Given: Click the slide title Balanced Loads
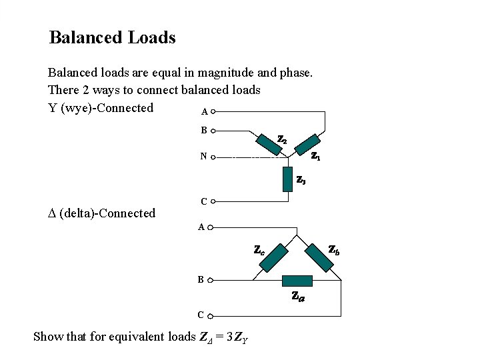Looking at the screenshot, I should click(x=112, y=37).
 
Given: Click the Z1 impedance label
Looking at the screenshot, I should click(x=316, y=157).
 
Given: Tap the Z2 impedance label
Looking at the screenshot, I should click(x=282, y=140).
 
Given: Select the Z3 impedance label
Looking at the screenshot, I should click(x=301, y=179).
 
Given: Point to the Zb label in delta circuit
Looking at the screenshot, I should click(x=335, y=250).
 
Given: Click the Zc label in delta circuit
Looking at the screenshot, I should click(x=259, y=251).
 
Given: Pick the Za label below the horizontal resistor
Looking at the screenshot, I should click(x=298, y=297).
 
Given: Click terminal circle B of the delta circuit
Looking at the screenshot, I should click(x=211, y=281).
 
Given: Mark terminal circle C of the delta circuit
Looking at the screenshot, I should click(x=211, y=315).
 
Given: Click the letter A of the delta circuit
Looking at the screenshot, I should click(x=201, y=227).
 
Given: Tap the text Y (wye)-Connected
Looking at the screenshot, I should click(x=101, y=108).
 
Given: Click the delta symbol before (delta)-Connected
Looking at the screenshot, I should click(x=52, y=214).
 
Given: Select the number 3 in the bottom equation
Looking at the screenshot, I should click(x=229, y=337).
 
